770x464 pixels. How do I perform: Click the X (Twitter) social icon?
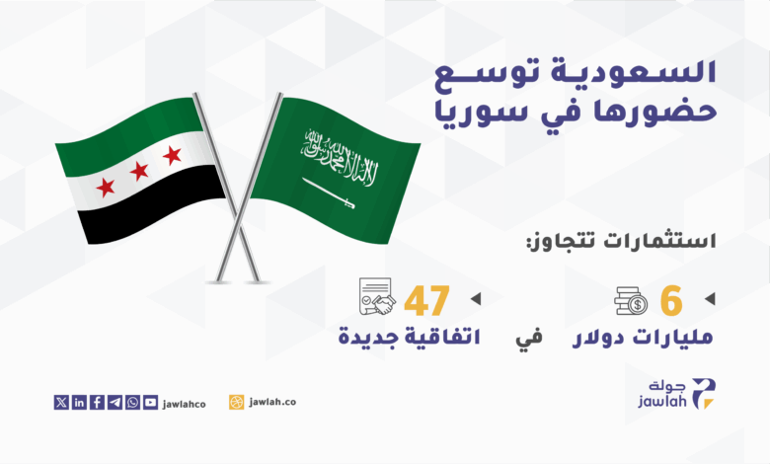click(61, 402)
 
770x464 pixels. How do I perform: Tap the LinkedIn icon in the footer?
click(79, 402)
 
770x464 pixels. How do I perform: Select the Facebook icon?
click(97, 402)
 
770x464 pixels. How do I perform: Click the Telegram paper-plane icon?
click(115, 402)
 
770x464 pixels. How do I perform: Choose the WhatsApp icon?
click(132, 402)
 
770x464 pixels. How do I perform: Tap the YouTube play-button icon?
click(150, 402)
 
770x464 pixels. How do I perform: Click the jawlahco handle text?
click(185, 404)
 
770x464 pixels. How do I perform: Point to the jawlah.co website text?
click(272, 402)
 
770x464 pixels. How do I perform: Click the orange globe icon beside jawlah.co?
click(236, 402)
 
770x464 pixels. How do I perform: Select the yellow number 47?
click(426, 301)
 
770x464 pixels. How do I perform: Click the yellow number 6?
click(671, 301)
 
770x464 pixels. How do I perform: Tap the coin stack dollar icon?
click(631, 300)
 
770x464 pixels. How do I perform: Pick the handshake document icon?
click(377, 296)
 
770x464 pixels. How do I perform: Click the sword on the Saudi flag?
click(329, 193)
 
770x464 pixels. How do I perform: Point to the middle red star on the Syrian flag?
click(139, 171)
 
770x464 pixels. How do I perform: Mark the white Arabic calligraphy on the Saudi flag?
click(341, 157)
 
